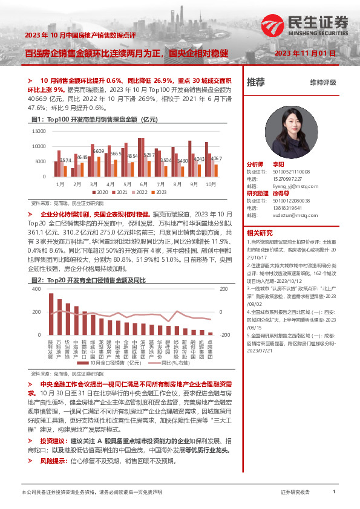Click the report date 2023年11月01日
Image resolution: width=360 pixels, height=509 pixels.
(305, 53)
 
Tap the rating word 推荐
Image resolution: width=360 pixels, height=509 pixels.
(256, 82)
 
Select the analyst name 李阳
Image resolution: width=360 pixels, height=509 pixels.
(278, 164)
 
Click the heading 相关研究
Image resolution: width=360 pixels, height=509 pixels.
(260, 233)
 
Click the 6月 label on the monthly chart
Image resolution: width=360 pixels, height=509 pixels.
(144, 183)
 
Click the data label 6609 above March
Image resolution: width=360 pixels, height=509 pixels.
(98, 151)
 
